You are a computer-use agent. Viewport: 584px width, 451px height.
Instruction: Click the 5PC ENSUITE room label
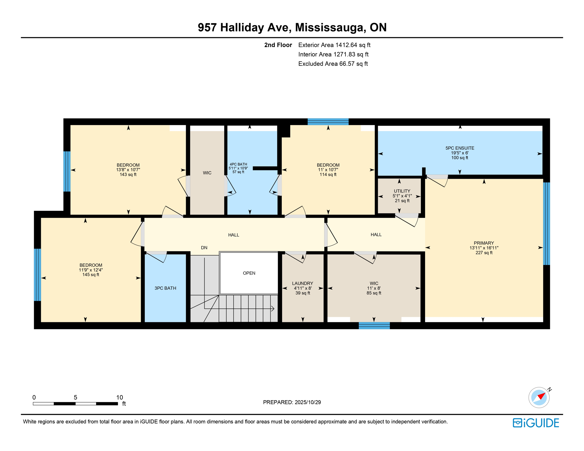tap(460, 148)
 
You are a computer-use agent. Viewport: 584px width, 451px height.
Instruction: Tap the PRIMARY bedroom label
tap(484, 243)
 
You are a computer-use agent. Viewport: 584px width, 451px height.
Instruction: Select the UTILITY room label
tap(402, 191)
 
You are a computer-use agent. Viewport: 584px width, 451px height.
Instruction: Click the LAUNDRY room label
tap(302, 283)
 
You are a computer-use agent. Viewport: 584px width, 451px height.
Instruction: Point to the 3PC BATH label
tap(165, 288)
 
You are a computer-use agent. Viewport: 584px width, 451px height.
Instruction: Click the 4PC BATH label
tap(238, 164)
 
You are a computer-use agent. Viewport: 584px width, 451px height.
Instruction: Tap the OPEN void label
tap(249, 273)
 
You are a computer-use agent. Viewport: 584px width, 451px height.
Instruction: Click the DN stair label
tap(204, 248)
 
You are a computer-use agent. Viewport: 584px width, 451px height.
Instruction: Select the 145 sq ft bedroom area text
tap(91, 275)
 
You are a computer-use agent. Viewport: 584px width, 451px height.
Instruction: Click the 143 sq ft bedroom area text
tap(128, 175)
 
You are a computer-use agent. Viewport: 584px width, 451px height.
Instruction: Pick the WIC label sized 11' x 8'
tap(374, 283)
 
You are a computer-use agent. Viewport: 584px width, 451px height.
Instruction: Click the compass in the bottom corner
tap(539, 398)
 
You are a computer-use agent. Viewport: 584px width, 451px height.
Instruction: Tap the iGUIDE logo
tap(536, 423)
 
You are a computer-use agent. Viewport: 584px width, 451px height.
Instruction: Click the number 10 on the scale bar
tap(119, 398)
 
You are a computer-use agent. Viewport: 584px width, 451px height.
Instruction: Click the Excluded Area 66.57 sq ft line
tap(333, 64)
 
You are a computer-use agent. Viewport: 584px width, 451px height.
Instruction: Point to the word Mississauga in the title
tap(330, 27)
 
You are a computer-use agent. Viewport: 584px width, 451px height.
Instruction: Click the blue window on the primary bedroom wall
tap(546, 224)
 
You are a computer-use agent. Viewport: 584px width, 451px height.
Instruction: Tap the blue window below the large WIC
tap(374, 325)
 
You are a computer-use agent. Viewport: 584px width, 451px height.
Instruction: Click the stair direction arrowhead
tap(273, 309)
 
